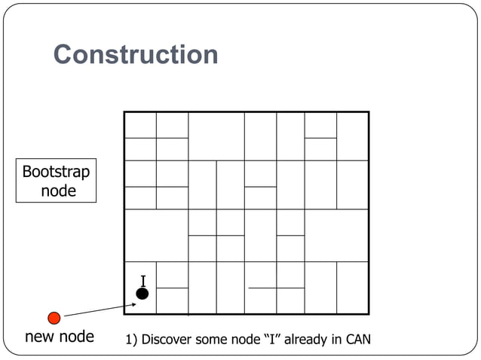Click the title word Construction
[136, 54]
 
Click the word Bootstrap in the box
[56, 172]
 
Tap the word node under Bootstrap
[58, 191]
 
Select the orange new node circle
[54, 317]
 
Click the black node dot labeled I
[142, 294]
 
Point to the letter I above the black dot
[142, 280]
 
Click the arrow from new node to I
[98, 309]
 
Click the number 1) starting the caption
[132, 339]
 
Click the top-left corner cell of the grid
[140, 125]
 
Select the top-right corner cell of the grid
[352, 136]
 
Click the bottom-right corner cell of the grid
[352, 288]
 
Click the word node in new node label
[77, 337]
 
